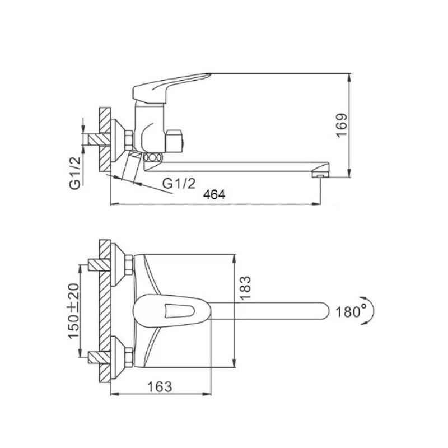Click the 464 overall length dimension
point(214,194)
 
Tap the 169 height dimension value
point(342,125)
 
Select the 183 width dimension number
point(245,288)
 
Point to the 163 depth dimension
point(160,387)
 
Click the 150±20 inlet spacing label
point(73,311)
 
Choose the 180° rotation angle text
point(351,311)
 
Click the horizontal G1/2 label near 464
point(179,184)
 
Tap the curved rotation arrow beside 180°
point(370,311)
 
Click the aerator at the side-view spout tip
point(320,174)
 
